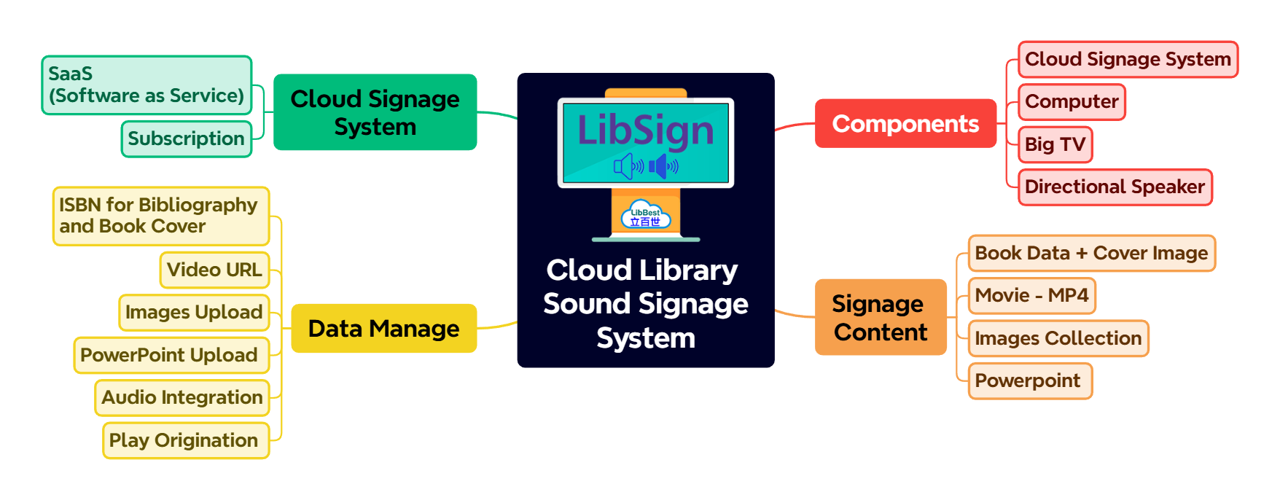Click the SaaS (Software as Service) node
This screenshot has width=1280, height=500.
click(146, 85)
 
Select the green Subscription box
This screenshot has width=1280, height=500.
click(186, 138)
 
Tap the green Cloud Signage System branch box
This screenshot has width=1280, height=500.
click(375, 112)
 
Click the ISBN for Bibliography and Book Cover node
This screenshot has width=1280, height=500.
click(160, 216)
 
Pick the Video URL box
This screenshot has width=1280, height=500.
click(214, 270)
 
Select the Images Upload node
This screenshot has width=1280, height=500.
click(194, 312)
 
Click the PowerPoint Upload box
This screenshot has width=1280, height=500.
click(171, 355)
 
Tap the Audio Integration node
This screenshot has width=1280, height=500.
click(182, 397)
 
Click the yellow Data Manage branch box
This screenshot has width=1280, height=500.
click(383, 329)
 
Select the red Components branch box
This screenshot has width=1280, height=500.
click(905, 124)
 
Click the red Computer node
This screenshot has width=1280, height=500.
click(1072, 102)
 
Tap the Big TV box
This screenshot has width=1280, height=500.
click(1055, 144)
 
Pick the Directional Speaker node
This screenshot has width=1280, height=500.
click(1115, 187)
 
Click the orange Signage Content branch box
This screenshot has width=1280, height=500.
click(880, 317)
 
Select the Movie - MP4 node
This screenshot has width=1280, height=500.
click(1031, 295)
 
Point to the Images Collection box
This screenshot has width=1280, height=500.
click(1058, 338)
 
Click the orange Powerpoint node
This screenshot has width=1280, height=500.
click(1029, 380)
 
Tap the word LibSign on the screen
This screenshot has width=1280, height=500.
click(645, 130)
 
